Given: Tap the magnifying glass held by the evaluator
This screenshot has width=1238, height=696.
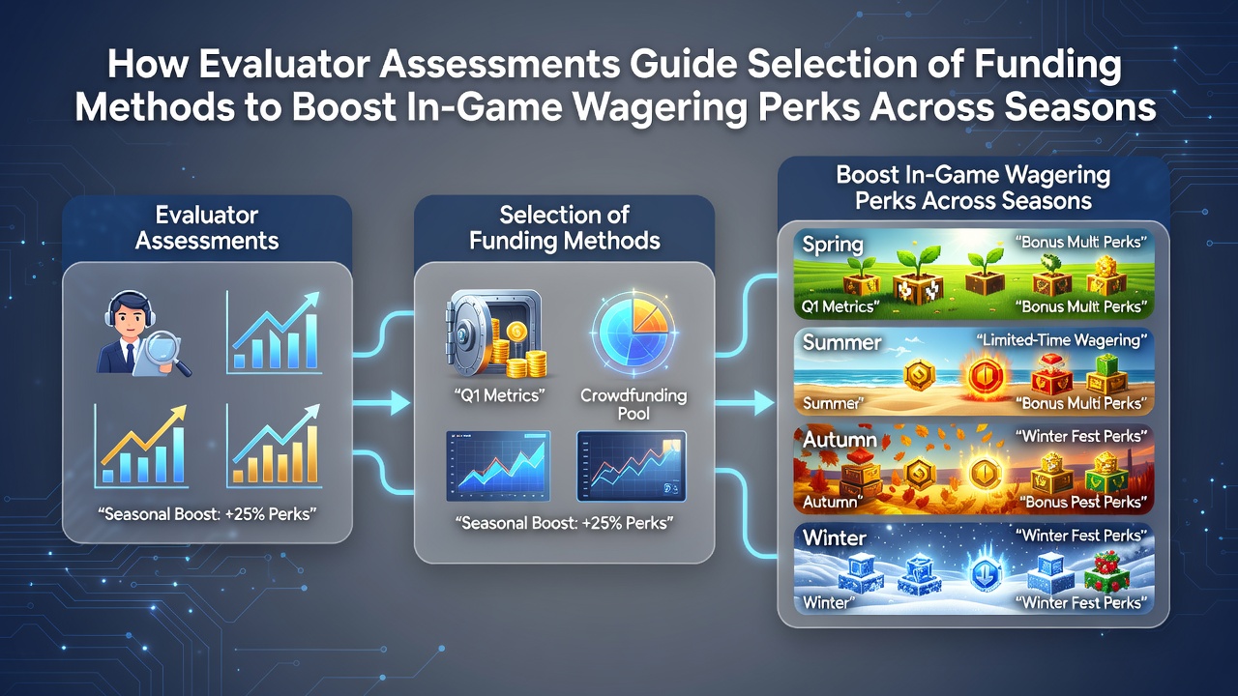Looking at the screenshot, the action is [168, 351].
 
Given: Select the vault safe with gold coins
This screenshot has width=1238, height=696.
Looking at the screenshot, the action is [496, 334].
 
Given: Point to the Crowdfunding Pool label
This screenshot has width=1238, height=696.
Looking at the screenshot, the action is [634, 404].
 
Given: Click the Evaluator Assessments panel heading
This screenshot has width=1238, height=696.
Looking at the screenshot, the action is [207, 227].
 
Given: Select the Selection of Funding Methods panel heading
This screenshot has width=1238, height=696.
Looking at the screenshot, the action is [564, 227].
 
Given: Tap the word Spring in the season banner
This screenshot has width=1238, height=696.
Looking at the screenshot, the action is [833, 245].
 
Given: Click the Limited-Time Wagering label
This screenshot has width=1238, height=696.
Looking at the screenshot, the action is [1061, 340].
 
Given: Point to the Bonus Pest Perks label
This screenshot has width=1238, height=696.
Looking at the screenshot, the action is [1083, 502].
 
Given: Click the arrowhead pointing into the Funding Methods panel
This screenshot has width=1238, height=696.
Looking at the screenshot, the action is [399, 403].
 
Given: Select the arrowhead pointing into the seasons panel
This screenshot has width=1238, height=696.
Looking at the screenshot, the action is [763, 403].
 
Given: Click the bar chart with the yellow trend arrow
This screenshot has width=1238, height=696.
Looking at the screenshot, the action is [142, 447].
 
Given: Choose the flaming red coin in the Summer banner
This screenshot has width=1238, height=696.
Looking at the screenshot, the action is [986, 376].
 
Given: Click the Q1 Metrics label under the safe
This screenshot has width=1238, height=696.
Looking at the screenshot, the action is [499, 395].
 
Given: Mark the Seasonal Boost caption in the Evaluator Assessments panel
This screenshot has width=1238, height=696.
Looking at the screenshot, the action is [207, 514].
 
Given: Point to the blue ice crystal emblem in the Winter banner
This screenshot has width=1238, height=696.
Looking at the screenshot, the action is [986, 571].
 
